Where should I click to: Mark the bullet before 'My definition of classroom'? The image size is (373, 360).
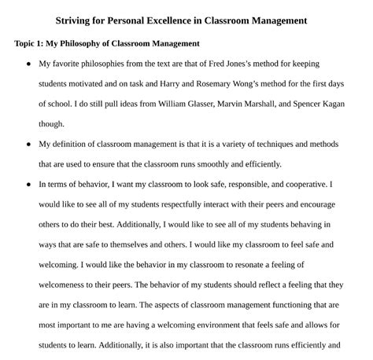pos(29,145)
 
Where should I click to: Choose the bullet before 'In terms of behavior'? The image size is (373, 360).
pos(29,185)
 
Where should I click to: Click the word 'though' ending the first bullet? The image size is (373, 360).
pos(52,123)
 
